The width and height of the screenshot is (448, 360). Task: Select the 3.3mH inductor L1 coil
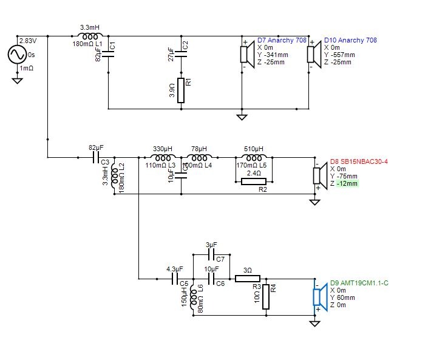[90, 38]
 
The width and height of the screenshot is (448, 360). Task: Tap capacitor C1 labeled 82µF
[107, 53]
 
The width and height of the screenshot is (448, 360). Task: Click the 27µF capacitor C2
[180, 54]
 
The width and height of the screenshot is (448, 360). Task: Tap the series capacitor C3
[95, 157]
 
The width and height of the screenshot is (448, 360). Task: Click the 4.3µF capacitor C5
[174, 279]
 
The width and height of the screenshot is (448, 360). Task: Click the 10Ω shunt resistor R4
[265, 297]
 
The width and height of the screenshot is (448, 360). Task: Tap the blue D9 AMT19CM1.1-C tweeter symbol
[317, 296]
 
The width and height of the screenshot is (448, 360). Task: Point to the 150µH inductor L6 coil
[192, 295]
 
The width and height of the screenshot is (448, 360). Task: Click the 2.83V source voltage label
[28, 41]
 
